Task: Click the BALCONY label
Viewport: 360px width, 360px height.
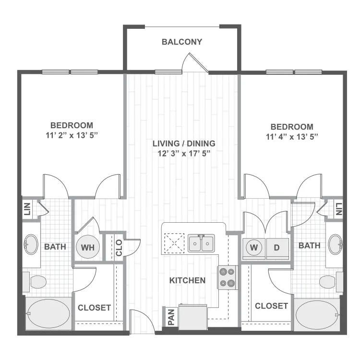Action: (x=182, y=42)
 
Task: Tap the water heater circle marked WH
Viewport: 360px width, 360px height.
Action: (x=88, y=247)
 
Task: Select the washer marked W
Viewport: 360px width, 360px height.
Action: (x=254, y=248)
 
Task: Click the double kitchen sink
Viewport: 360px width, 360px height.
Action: (x=201, y=243)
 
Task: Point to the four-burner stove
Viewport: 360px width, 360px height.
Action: (x=227, y=277)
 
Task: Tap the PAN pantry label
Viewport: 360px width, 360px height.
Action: (x=171, y=317)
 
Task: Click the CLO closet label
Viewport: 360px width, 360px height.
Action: (x=119, y=248)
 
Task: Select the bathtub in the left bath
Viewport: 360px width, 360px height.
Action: (x=48, y=313)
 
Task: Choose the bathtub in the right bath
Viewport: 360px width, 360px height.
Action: (x=317, y=315)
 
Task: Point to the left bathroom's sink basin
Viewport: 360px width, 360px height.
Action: (x=31, y=244)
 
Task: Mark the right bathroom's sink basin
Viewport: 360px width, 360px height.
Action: (x=335, y=244)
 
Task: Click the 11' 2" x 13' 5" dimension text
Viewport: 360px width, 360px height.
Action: (x=72, y=135)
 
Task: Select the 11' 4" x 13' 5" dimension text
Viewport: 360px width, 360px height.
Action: (x=292, y=137)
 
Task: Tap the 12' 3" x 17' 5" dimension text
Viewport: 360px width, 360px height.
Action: (x=184, y=154)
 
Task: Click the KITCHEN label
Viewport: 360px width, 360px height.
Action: (x=187, y=280)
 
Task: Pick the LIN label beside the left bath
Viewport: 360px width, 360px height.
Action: (x=27, y=209)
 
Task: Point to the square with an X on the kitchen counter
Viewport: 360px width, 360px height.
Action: (x=174, y=243)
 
